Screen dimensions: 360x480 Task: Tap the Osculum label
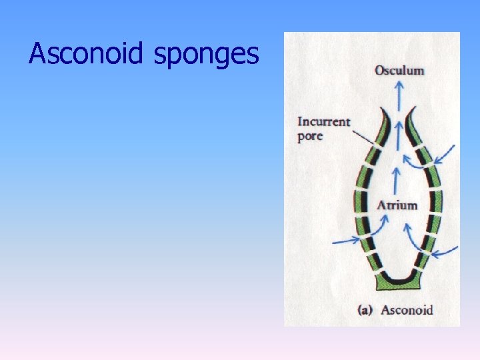tap(399, 70)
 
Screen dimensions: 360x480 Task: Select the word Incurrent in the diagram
tap(323, 121)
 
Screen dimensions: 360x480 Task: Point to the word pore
tap(310, 137)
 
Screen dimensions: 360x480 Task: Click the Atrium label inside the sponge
tap(397, 205)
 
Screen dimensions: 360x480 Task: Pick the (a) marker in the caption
tap(365, 309)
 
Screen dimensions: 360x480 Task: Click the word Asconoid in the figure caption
tap(407, 309)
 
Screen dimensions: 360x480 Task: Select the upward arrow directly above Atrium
tap(397, 180)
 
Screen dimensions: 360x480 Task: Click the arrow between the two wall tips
tap(398, 131)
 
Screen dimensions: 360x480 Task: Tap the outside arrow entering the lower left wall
tap(346, 238)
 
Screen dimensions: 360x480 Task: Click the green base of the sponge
tap(398, 283)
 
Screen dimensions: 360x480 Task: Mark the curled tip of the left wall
tap(384, 111)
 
